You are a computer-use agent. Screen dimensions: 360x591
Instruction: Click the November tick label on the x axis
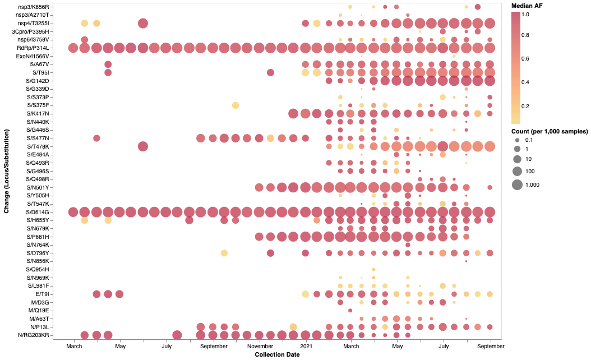(260, 347)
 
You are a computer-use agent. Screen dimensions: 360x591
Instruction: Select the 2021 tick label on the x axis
(306, 347)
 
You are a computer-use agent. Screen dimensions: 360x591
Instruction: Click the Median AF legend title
(527, 6)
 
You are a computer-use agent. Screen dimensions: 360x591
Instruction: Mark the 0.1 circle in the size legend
(517, 140)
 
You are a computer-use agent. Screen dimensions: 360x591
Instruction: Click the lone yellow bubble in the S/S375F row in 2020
(236, 105)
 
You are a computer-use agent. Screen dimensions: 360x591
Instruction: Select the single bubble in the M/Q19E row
(350, 310)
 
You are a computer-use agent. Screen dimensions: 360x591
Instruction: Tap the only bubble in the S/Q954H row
(373, 269)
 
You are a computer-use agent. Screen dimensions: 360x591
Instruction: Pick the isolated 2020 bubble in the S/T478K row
(142, 146)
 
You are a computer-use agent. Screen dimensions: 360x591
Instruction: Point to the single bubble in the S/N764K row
(408, 245)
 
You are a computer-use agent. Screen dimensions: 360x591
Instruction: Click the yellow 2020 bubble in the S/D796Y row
(224, 253)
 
